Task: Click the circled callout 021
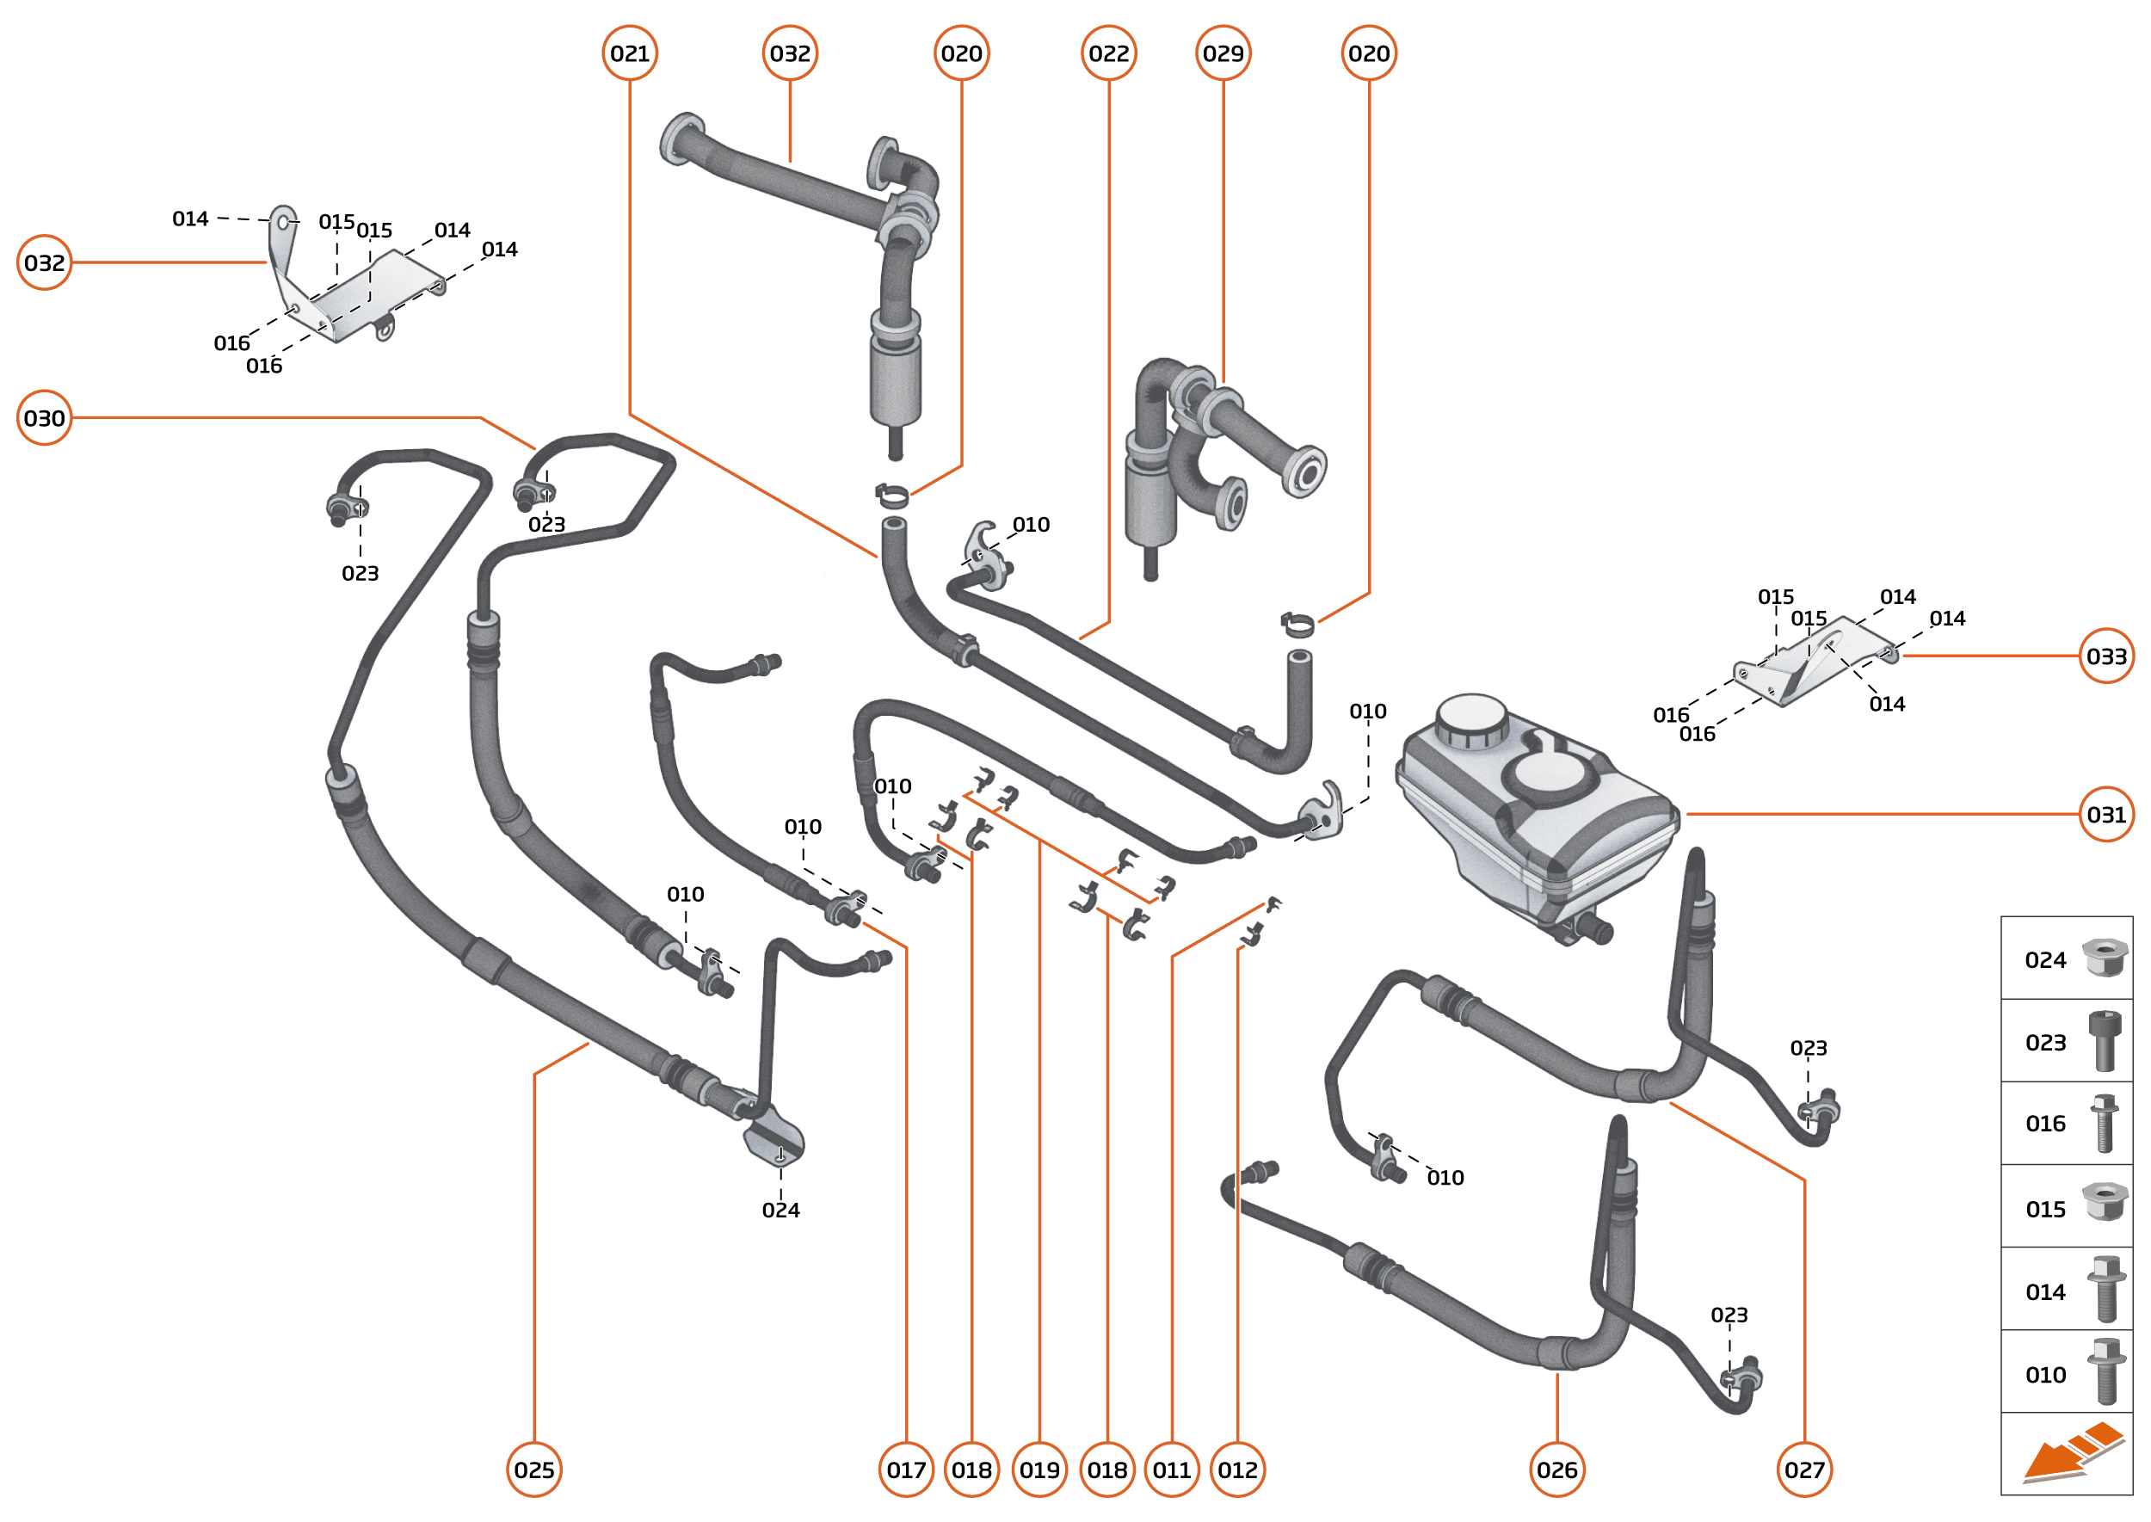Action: tap(629, 53)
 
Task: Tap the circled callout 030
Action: tap(44, 418)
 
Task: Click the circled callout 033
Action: tap(2105, 656)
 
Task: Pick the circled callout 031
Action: tap(2105, 815)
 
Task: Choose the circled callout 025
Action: tap(534, 1470)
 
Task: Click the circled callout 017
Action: tap(906, 1470)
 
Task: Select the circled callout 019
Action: tap(1039, 1470)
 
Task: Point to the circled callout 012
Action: tap(1237, 1470)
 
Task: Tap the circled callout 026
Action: tap(1556, 1470)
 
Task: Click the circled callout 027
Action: tap(1804, 1470)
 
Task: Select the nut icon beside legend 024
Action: tap(2105, 958)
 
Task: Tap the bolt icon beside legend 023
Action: tap(2105, 1040)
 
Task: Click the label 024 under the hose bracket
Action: tap(780, 1210)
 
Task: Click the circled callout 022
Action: tap(1109, 53)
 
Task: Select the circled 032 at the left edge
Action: tap(44, 262)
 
